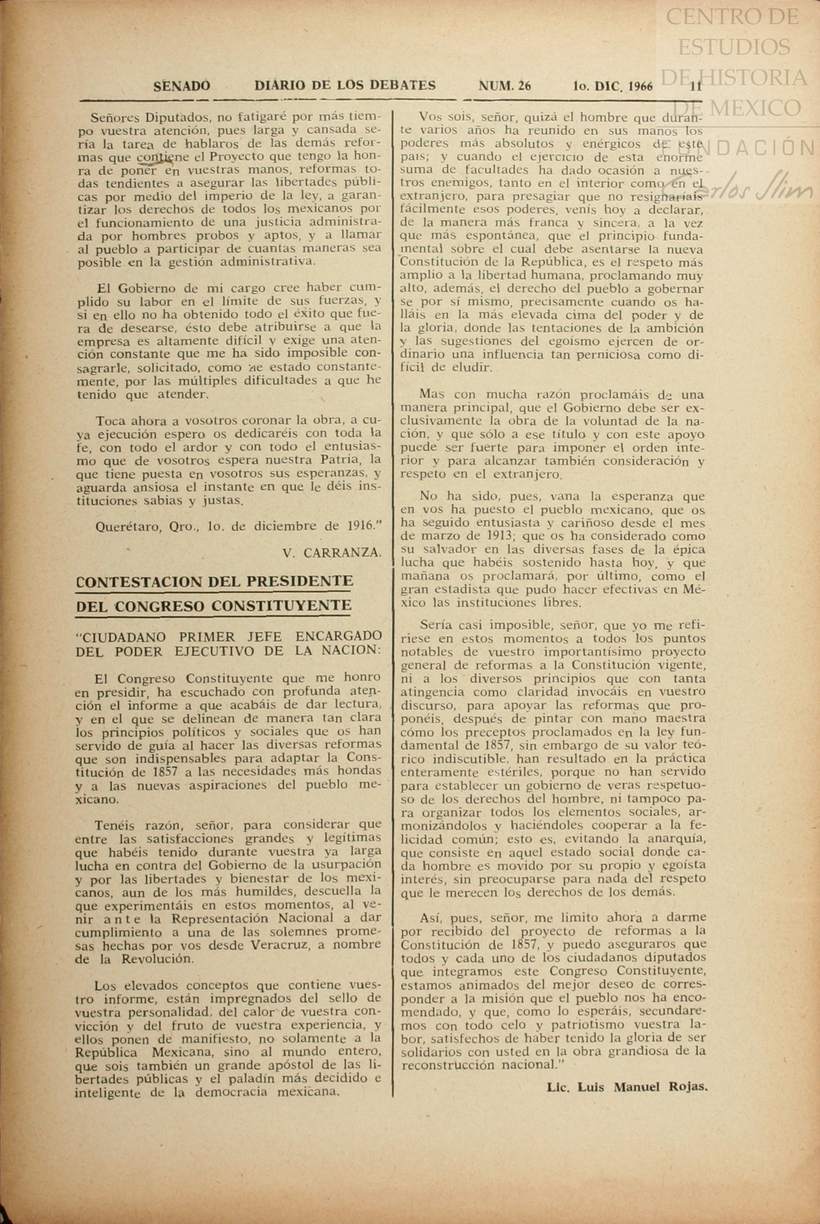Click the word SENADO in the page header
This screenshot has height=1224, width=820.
click(x=181, y=86)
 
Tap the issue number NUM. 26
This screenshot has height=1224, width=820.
click(x=504, y=86)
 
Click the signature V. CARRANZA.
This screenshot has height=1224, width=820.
click(x=332, y=553)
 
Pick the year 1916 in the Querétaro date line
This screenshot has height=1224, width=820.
click(x=361, y=526)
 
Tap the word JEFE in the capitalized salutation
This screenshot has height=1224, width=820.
click(x=258, y=637)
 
